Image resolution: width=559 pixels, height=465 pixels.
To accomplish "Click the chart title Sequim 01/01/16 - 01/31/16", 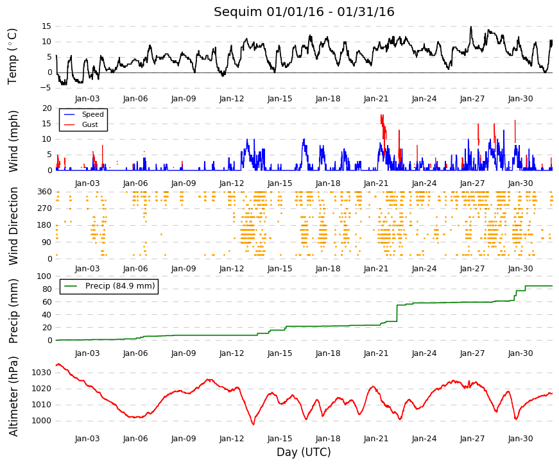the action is point(304,12).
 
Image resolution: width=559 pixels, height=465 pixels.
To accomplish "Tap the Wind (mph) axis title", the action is point(13,142).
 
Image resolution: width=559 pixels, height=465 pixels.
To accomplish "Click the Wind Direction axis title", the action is point(13,226).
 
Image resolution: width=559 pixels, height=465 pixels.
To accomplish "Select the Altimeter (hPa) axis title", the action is point(13,396).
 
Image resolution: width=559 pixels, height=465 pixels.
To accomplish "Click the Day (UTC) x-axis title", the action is point(304,452).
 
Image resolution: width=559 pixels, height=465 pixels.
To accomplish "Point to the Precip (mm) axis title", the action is point(13,311).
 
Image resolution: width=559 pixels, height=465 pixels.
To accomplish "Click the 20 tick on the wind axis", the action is point(47,108).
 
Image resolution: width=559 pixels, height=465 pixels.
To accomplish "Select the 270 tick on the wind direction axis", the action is point(45,208).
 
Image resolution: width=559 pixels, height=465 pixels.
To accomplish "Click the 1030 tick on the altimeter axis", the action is point(42,373).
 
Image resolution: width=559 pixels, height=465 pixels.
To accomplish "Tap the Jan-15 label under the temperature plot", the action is point(280,99).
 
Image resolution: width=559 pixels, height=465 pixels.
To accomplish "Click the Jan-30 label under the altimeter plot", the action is point(520,439).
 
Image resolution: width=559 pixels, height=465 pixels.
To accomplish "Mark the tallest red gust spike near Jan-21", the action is point(382,115).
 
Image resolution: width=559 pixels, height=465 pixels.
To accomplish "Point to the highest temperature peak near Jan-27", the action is point(471,27).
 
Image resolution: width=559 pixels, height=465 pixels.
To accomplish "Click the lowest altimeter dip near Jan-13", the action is point(254,424).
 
